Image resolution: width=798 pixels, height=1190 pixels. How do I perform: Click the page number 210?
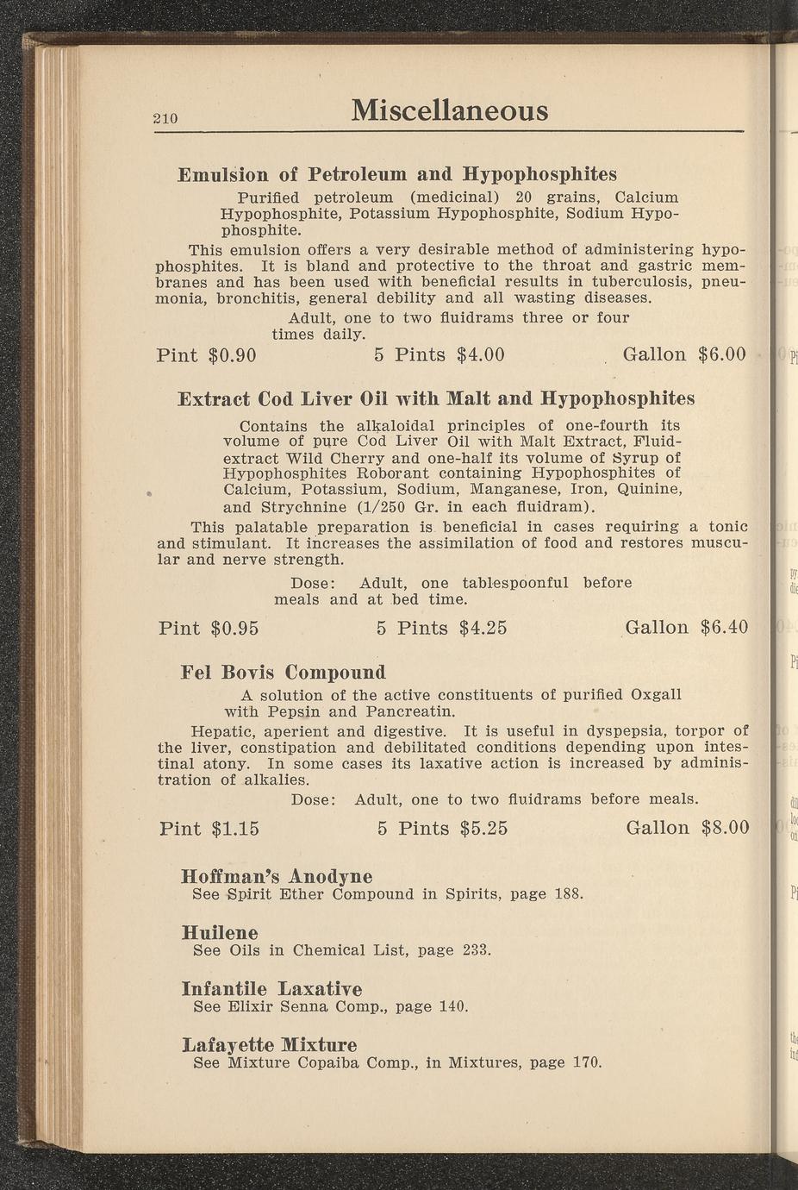pos(165,118)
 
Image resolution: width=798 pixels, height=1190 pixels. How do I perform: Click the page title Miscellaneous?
pos(449,110)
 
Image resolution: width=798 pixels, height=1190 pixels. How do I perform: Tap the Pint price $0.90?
pos(233,354)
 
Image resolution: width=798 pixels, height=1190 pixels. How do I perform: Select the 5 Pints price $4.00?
pos(480,354)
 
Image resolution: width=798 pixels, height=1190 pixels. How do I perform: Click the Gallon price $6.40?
pos(724,627)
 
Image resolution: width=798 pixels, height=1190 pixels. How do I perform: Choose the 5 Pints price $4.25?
pos(483,628)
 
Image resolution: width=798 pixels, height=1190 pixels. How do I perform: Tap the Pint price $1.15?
pos(234,829)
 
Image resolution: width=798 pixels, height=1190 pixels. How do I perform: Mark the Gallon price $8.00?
pos(725,828)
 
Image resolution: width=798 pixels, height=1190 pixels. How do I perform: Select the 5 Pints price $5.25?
pos(483,829)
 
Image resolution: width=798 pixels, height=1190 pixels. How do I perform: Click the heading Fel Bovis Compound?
pos(284,672)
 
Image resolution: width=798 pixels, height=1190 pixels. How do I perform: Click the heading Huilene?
pos(220,933)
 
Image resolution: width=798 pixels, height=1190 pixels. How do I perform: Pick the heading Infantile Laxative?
pos(271,988)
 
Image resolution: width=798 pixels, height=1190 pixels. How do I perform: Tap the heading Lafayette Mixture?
pos(269,1045)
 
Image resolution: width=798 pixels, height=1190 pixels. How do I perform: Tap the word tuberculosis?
pos(630,282)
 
